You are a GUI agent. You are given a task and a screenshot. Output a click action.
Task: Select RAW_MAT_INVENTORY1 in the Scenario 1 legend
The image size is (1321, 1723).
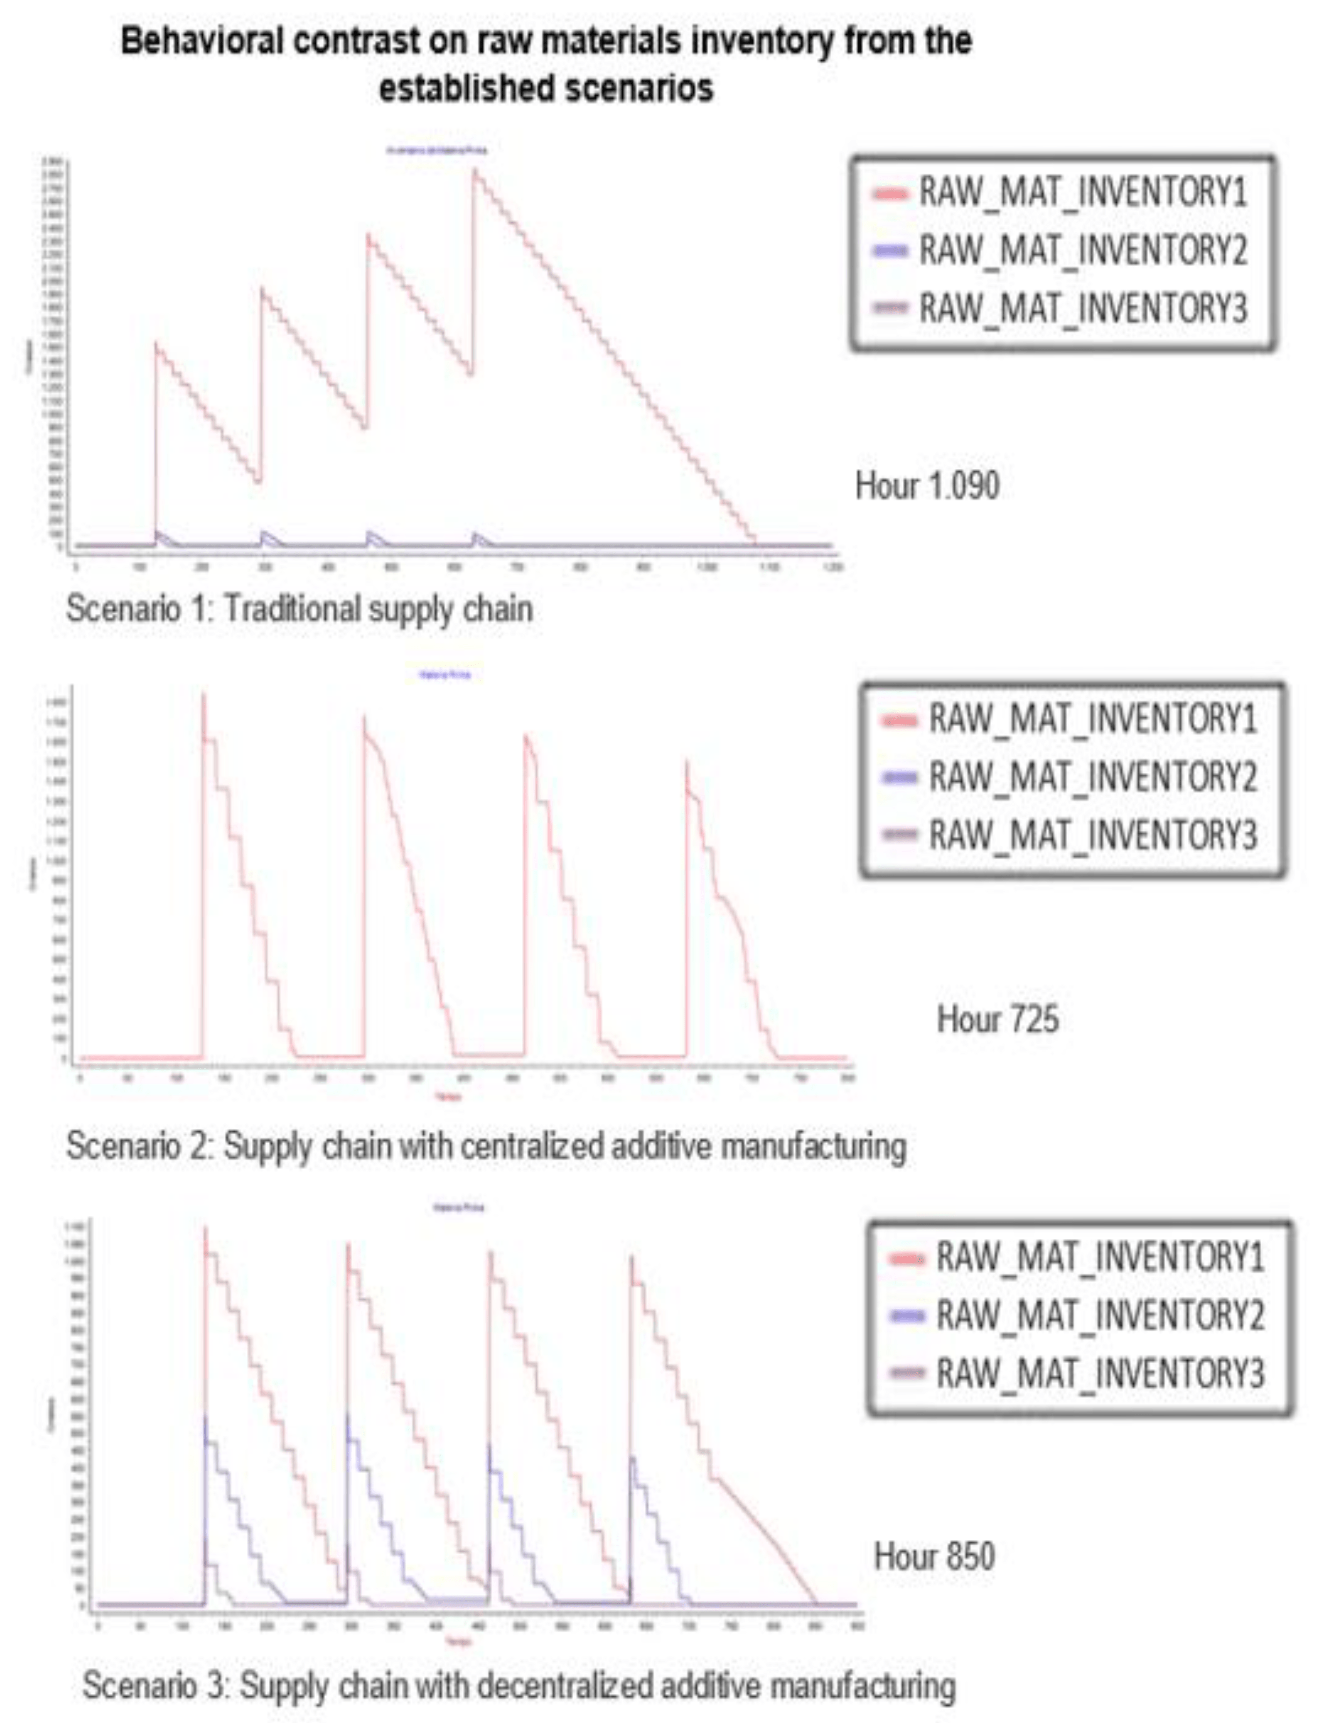(1082, 192)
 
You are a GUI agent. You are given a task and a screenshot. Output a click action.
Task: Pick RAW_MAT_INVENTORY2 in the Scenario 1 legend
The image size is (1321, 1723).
(1082, 250)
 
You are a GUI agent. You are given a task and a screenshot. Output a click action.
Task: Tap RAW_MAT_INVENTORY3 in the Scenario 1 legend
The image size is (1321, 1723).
(1082, 308)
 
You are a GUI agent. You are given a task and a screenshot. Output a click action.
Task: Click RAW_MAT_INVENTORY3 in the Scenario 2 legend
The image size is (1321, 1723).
(1093, 834)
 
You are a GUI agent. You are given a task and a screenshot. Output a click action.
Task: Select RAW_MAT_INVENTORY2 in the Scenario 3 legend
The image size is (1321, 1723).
(1100, 1315)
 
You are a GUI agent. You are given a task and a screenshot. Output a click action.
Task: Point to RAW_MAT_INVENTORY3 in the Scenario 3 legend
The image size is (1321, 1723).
(1100, 1374)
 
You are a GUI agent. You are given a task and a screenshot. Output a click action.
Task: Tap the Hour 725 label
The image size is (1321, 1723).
(997, 1019)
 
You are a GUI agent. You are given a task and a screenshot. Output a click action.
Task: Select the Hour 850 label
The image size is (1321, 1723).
(934, 1556)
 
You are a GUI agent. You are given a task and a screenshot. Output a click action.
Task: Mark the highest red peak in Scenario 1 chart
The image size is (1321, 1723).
(474, 170)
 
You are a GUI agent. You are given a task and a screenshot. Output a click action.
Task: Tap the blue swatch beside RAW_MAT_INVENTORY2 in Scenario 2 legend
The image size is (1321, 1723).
(900, 777)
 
